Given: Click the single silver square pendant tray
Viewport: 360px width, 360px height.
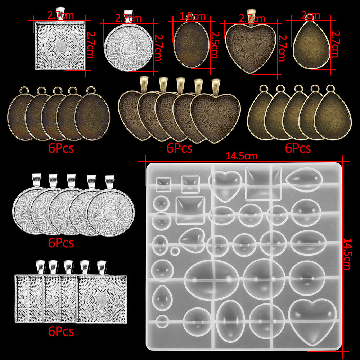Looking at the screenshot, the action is click(x=60, y=45).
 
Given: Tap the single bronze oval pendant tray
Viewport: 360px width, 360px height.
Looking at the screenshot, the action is click(x=191, y=44).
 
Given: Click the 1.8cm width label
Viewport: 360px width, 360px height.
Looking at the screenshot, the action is click(x=192, y=16).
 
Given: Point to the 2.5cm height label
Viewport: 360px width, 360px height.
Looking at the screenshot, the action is click(x=215, y=45).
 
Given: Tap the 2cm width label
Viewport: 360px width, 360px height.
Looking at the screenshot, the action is click(x=311, y=15).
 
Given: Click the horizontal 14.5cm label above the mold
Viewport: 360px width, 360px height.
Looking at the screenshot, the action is click(x=242, y=156).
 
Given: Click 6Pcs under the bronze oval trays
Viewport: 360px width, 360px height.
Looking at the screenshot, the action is click(x=61, y=148).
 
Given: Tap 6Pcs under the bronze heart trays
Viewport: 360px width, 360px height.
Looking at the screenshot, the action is click(x=179, y=148).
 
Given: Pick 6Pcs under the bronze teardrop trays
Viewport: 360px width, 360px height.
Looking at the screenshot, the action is click(x=298, y=148).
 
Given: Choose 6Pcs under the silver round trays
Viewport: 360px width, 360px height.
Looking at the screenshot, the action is click(x=61, y=243).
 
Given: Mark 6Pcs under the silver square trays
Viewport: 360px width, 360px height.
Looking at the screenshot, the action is click(x=61, y=331).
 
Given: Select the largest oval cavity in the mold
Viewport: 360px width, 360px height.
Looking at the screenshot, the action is click(x=211, y=280).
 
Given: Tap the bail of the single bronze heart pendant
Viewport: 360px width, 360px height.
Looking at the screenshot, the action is click(x=251, y=17).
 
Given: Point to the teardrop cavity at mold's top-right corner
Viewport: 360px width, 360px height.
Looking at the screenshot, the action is click(x=304, y=180).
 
